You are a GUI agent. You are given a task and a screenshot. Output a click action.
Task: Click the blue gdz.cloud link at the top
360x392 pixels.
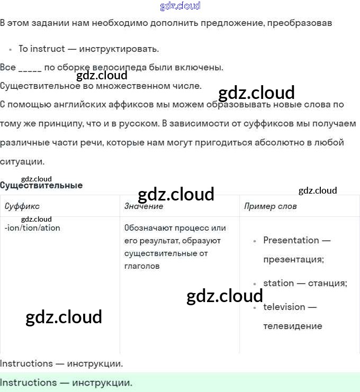[x=180, y=6]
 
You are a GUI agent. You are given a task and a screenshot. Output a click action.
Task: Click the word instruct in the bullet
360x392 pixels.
[x=48, y=49]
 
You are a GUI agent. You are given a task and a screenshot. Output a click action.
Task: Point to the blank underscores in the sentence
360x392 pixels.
[x=30, y=68]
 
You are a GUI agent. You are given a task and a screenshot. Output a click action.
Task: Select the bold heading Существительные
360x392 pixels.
[x=41, y=186]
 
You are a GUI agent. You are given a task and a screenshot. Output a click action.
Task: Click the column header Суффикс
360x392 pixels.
[x=22, y=206]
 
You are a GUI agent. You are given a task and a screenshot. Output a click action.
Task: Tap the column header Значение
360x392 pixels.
[x=143, y=206]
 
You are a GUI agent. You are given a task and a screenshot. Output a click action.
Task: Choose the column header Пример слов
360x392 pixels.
[x=270, y=206]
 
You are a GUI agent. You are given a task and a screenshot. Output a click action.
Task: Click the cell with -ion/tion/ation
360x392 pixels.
[x=32, y=228]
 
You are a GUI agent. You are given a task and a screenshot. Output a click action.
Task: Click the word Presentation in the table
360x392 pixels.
[x=291, y=240]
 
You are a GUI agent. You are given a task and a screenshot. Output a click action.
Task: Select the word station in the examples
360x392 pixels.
[x=278, y=283]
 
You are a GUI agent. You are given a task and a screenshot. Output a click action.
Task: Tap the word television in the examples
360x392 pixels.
[x=284, y=307]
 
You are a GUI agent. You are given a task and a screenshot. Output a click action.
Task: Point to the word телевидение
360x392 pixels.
[x=292, y=326]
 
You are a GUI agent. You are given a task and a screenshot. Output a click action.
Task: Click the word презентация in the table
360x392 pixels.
[x=293, y=259]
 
